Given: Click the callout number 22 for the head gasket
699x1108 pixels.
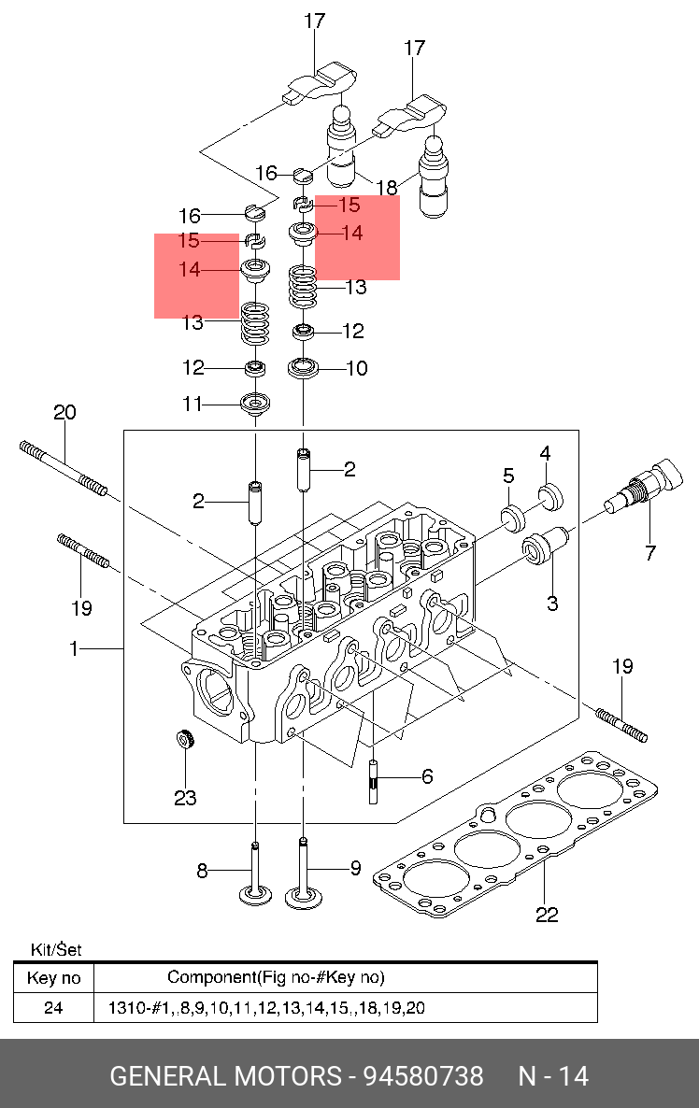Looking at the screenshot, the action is pos(547,915).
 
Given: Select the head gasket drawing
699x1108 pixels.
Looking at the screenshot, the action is pos(516,835).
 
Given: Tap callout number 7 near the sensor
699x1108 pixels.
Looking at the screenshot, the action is pos(650,552).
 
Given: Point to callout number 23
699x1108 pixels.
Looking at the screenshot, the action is pos(185,798).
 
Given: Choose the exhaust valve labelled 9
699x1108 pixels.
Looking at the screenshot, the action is pos(303,873).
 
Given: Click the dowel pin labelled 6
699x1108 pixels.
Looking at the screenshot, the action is pos(373,782).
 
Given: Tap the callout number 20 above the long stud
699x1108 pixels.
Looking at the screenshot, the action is pos(65,412).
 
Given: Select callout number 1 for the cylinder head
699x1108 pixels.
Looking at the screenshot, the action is pos(74,648).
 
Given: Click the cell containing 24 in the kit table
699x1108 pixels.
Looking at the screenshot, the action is pos(53,1008).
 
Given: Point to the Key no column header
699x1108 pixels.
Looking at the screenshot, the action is pos(53,978).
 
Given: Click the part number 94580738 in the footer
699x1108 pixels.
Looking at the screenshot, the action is pos(423,1075).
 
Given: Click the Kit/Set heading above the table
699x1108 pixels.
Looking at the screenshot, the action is pos(56,949).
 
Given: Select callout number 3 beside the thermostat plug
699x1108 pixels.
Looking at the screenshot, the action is pos(552,603).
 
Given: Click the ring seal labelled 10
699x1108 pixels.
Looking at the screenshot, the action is pos(303,368).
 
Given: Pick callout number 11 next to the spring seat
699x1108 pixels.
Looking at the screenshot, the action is pos(193,405).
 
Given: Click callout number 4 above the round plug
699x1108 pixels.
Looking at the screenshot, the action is pos(545,453).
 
